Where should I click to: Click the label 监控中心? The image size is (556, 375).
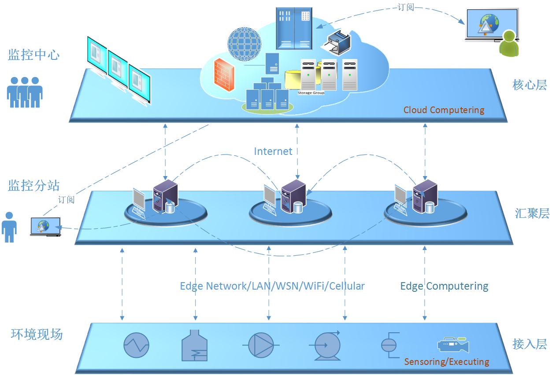(x=33, y=55)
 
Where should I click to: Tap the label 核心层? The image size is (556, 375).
(x=530, y=85)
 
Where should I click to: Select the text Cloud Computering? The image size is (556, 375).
(x=444, y=110)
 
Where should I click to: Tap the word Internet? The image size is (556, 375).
(x=273, y=151)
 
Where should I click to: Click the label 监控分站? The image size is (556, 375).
(x=33, y=185)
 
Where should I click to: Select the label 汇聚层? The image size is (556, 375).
(x=532, y=214)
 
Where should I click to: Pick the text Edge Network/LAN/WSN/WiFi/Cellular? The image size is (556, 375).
(x=272, y=286)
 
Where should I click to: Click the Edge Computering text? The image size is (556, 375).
(x=444, y=286)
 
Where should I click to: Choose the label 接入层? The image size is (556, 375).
(x=530, y=344)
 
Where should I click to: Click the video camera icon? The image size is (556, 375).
(x=453, y=345)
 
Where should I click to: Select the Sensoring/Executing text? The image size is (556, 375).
(x=447, y=362)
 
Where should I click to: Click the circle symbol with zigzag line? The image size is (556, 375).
(x=137, y=345)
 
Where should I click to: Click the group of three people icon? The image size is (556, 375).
(x=25, y=92)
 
